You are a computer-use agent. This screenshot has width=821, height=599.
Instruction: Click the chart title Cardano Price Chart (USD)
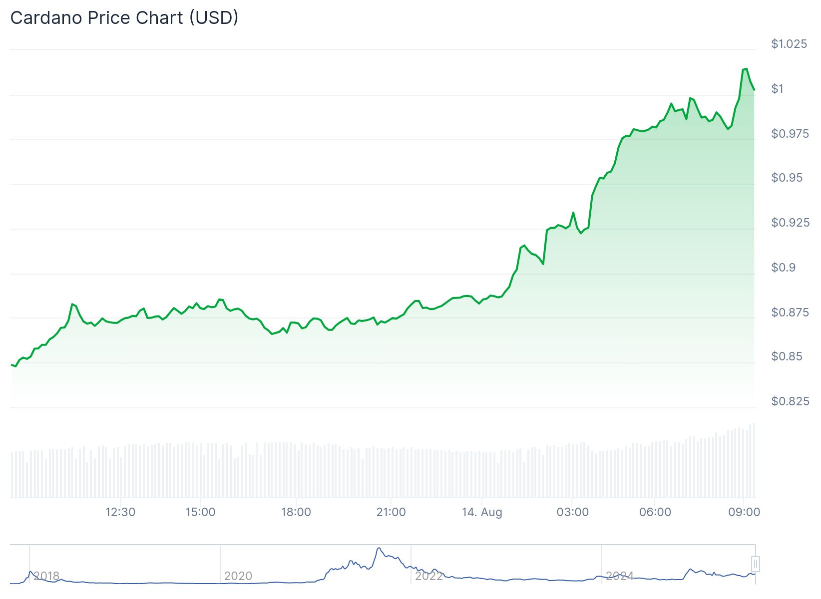[124, 18]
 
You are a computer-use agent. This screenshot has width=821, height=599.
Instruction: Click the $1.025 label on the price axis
[789, 44]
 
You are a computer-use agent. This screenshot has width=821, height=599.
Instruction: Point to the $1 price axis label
[778, 89]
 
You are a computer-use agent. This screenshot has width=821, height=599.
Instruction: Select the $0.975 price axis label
[790, 134]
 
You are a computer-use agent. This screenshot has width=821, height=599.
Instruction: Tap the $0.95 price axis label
[787, 178]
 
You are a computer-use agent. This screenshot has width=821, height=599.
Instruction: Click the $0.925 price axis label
[790, 222]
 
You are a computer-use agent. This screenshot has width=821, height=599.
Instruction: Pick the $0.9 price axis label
[784, 268]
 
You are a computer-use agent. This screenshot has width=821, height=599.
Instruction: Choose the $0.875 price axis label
[790, 312]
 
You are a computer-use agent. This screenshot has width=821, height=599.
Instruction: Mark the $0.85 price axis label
[787, 356]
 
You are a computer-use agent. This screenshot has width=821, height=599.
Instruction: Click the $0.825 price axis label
[790, 401]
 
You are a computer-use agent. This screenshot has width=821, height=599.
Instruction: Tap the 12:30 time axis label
[120, 512]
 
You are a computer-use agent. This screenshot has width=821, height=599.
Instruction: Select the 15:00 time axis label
[200, 512]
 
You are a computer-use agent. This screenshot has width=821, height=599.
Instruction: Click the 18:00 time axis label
[296, 512]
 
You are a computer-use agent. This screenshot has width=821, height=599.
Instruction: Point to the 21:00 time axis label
[391, 512]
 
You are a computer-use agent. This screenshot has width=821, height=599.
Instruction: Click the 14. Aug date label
[482, 512]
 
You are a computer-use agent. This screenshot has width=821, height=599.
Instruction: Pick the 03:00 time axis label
[572, 512]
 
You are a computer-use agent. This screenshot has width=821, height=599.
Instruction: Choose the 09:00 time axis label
[744, 512]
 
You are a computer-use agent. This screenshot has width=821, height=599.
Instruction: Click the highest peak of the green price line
[746, 69]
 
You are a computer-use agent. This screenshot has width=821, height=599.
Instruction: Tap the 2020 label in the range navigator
[238, 576]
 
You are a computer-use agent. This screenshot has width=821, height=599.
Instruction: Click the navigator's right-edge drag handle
[756, 564]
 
